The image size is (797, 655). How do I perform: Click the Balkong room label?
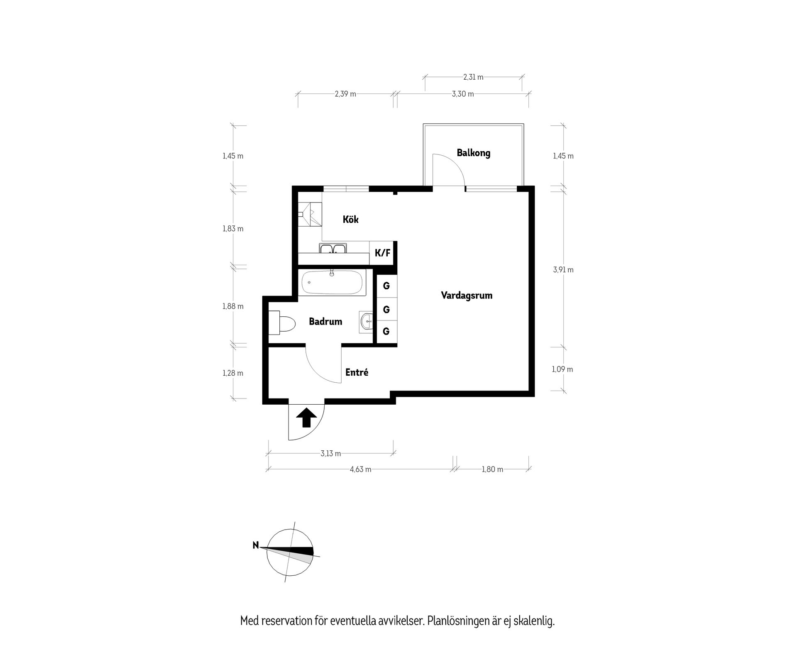tap(473, 153)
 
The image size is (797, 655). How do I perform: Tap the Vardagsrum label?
tap(467, 296)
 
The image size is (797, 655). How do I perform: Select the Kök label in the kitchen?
tap(350, 220)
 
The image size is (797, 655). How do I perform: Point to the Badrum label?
tap(325, 322)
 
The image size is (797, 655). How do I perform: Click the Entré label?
tap(357, 373)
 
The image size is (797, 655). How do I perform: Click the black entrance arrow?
tap(306, 417)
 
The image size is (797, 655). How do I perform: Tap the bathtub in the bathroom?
tap(332, 283)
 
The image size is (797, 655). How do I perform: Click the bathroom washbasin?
tap(367, 321)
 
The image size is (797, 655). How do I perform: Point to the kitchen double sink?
tap(332, 249)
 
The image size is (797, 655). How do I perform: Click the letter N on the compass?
tap(256, 545)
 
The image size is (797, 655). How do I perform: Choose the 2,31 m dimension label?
tap(473, 77)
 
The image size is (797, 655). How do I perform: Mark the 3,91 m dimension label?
tap(563, 270)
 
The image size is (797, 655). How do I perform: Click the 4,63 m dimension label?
tap(360, 469)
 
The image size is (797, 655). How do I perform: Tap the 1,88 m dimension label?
tap(233, 306)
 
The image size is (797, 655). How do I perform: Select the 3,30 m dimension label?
tap(463, 94)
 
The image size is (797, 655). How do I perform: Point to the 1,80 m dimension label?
tap(492, 469)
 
